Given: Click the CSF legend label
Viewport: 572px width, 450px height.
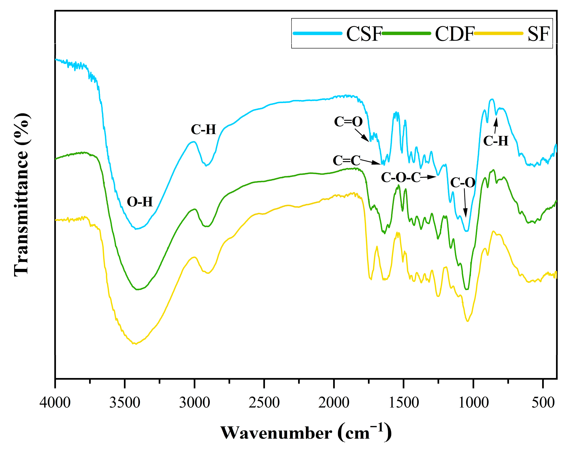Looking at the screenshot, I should click(x=364, y=34).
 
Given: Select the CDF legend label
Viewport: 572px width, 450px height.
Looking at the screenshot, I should click(x=454, y=34).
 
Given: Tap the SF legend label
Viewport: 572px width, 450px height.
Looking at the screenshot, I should click(x=538, y=34).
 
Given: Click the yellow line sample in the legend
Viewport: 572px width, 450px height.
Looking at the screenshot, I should click(x=498, y=33).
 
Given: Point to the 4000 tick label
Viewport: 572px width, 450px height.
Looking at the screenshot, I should click(x=55, y=402).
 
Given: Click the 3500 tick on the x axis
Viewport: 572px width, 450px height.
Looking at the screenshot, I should click(x=125, y=402).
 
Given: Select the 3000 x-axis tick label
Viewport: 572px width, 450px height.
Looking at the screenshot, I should click(x=194, y=402).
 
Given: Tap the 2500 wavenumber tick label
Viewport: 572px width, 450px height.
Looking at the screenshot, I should click(x=264, y=402).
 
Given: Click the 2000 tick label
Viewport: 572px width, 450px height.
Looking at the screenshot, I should click(x=334, y=402).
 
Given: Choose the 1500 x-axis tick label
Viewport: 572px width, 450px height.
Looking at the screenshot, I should click(x=403, y=402).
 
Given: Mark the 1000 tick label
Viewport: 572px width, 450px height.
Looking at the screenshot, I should click(x=473, y=402).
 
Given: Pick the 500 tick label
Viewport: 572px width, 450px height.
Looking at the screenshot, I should click(x=543, y=402).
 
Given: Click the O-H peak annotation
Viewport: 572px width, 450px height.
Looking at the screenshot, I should click(x=140, y=202).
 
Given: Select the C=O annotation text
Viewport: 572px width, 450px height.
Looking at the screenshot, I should click(x=348, y=122).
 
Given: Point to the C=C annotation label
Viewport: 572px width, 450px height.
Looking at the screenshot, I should click(x=346, y=160).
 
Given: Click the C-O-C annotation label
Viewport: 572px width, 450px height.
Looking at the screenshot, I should click(x=401, y=177).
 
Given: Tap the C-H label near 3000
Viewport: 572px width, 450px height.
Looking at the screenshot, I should click(x=203, y=129).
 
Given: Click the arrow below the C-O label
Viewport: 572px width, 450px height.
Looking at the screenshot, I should click(x=465, y=203).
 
